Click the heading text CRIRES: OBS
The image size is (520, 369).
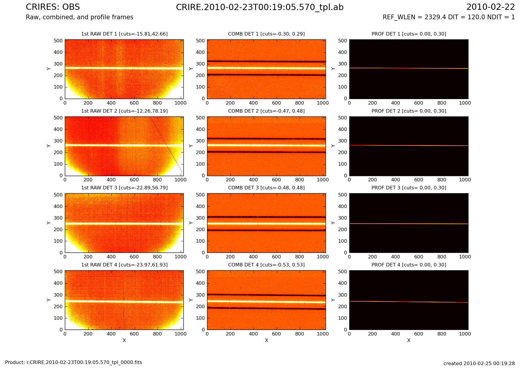53,7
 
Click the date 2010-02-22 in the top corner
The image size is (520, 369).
490,7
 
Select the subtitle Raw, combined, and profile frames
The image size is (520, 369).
79,17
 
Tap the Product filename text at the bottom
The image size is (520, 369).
73,362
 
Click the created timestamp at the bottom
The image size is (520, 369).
479,364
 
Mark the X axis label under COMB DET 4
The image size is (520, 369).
266,341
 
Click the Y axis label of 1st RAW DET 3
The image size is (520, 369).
49,223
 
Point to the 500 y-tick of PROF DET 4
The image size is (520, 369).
343,272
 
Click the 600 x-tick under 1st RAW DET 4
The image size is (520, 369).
134,334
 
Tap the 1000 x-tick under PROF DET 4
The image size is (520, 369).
465,334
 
